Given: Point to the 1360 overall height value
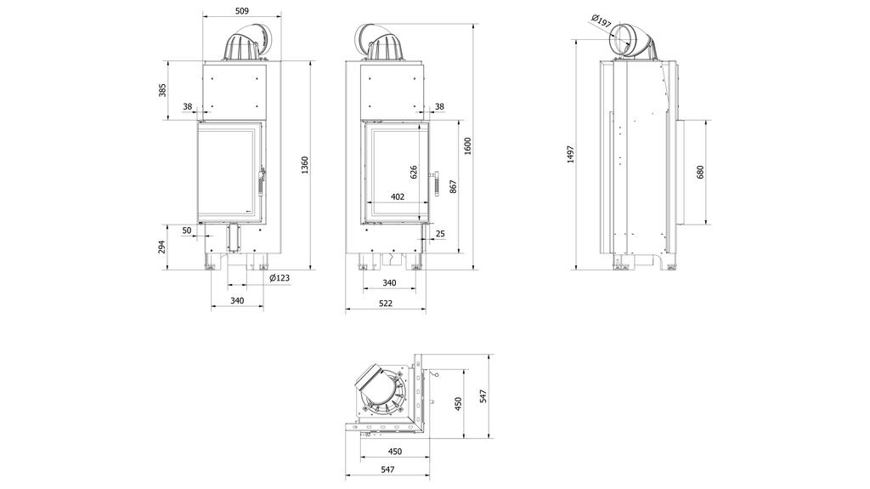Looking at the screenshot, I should (x=304, y=167).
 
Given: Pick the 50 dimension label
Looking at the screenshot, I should (x=187, y=230).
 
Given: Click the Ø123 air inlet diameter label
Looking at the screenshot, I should (x=279, y=278).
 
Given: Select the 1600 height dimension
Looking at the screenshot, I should (x=467, y=146).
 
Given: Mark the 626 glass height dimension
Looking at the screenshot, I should (x=414, y=171).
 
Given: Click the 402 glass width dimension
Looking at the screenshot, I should (x=397, y=196).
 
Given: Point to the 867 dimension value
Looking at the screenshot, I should (x=453, y=185).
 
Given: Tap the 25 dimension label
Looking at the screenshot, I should (x=439, y=233).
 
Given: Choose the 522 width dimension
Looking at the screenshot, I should (x=385, y=304).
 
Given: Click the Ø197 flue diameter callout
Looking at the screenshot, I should (x=599, y=20).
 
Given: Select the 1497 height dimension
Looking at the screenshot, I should (x=571, y=153).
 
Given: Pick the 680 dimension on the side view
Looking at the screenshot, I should (x=700, y=172).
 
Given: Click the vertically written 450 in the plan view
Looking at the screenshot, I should (x=458, y=401).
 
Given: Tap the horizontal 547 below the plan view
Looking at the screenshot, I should (x=387, y=469).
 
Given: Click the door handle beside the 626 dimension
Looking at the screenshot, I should (x=432, y=183).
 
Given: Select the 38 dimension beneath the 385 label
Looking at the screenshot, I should (x=187, y=106).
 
